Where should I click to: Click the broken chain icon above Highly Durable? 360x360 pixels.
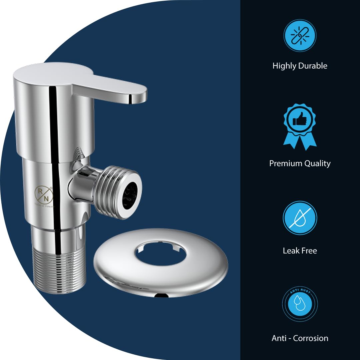pos(300,36)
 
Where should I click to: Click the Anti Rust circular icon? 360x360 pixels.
pos(300,304)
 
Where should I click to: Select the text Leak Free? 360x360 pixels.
pos(300,251)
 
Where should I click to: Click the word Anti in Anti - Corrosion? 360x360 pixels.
pos(279,338)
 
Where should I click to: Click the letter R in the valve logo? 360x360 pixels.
pos(39,190)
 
